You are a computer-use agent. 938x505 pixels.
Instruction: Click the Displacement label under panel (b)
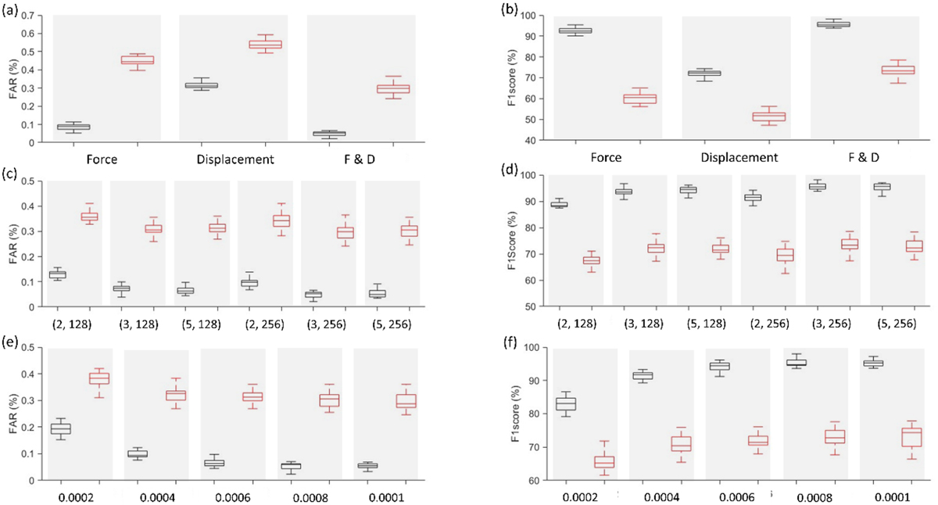pyautogui.click(x=736, y=157)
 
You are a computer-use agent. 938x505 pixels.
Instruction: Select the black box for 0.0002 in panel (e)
pyautogui.click(x=59, y=428)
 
